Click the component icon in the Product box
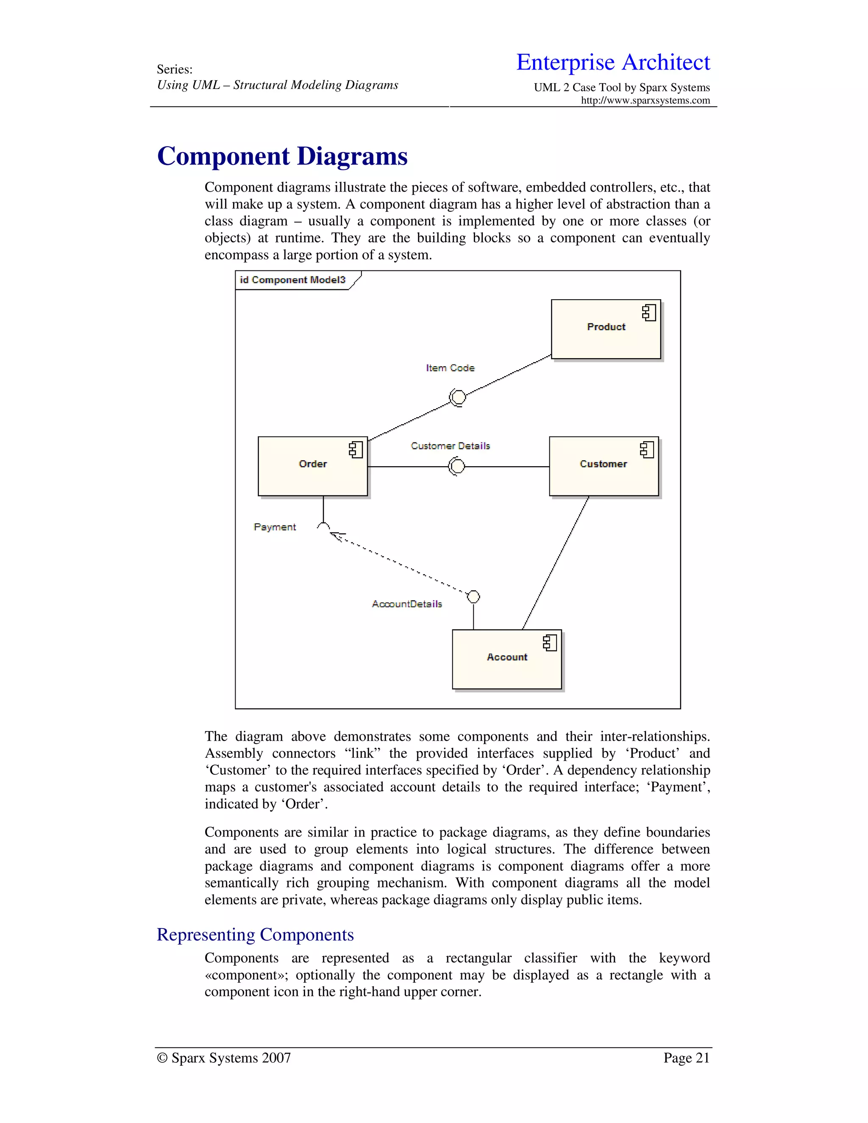(649, 313)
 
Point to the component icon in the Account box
(550, 643)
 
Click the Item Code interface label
(450, 368)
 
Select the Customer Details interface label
(450, 446)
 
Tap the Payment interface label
(275, 527)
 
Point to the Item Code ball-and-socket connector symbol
(457, 397)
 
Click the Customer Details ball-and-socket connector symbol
(456, 467)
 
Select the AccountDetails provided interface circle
(473, 597)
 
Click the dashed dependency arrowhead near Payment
(337, 536)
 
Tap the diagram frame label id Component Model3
(292, 280)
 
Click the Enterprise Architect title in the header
(613, 62)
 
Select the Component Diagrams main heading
(282, 156)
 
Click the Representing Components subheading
(255, 934)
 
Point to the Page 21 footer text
(686, 1058)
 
